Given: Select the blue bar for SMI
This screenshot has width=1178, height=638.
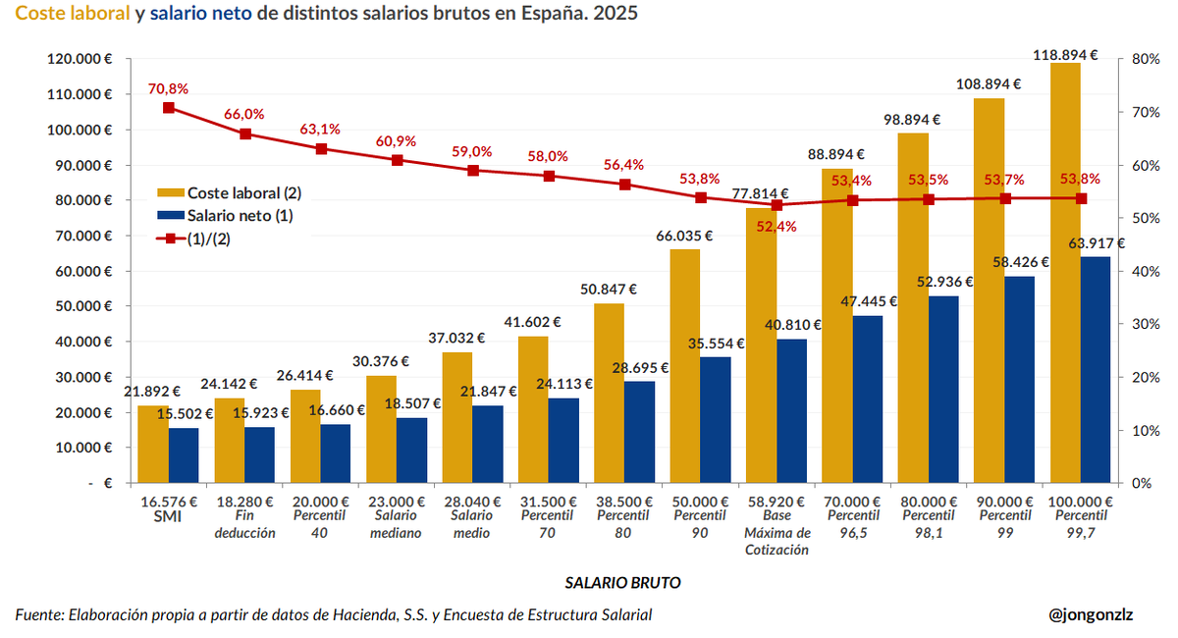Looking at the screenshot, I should [184, 454].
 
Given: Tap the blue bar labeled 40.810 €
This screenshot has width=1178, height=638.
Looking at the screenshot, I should [791, 410].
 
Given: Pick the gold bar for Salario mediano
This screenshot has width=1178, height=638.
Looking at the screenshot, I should [382, 429].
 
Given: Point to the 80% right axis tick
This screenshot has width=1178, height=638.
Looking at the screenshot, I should [1147, 59].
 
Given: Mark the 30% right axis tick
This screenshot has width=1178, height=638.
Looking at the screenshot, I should [1147, 324].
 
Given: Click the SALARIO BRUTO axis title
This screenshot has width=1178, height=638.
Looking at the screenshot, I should [622, 582].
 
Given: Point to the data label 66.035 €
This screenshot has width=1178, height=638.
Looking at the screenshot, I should [685, 236].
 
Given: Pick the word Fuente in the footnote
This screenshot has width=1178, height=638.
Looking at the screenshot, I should [38, 614].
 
